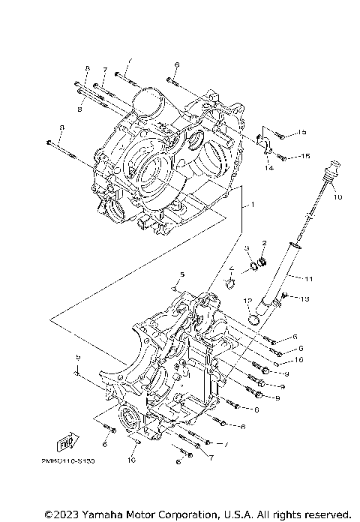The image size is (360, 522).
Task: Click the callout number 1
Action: coord(253,204)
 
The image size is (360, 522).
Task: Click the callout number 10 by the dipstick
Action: coord(337,196)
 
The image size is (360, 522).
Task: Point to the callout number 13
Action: coord(305,298)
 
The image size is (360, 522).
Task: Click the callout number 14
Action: coord(268,169)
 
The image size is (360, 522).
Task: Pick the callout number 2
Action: coord(264,242)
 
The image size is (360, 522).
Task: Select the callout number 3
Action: coord(246,248)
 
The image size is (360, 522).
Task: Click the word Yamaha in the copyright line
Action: coord(101,514)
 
